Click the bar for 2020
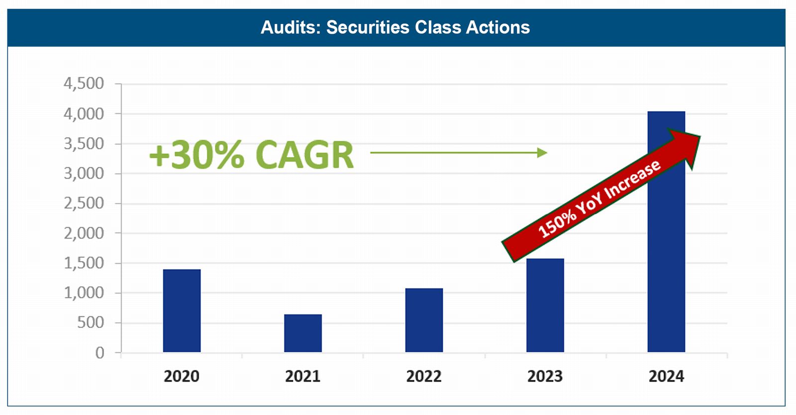pyautogui.click(x=182, y=311)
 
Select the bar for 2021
pyautogui.click(x=302, y=333)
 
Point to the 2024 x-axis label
pyautogui.click(x=666, y=376)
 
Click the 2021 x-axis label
pyautogui.click(x=302, y=376)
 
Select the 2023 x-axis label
pyautogui.click(x=545, y=376)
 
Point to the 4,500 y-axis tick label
pyautogui.click(x=84, y=84)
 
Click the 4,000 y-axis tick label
pyautogui.click(x=84, y=114)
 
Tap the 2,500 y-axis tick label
pyautogui.click(x=84, y=203)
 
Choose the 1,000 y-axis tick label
pyautogui.click(x=84, y=293)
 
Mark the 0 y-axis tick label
pyautogui.click(x=99, y=353)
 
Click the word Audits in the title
pyautogui.click(x=291, y=27)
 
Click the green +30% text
pyautogui.click(x=197, y=155)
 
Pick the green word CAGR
pyautogui.click(x=304, y=155)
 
